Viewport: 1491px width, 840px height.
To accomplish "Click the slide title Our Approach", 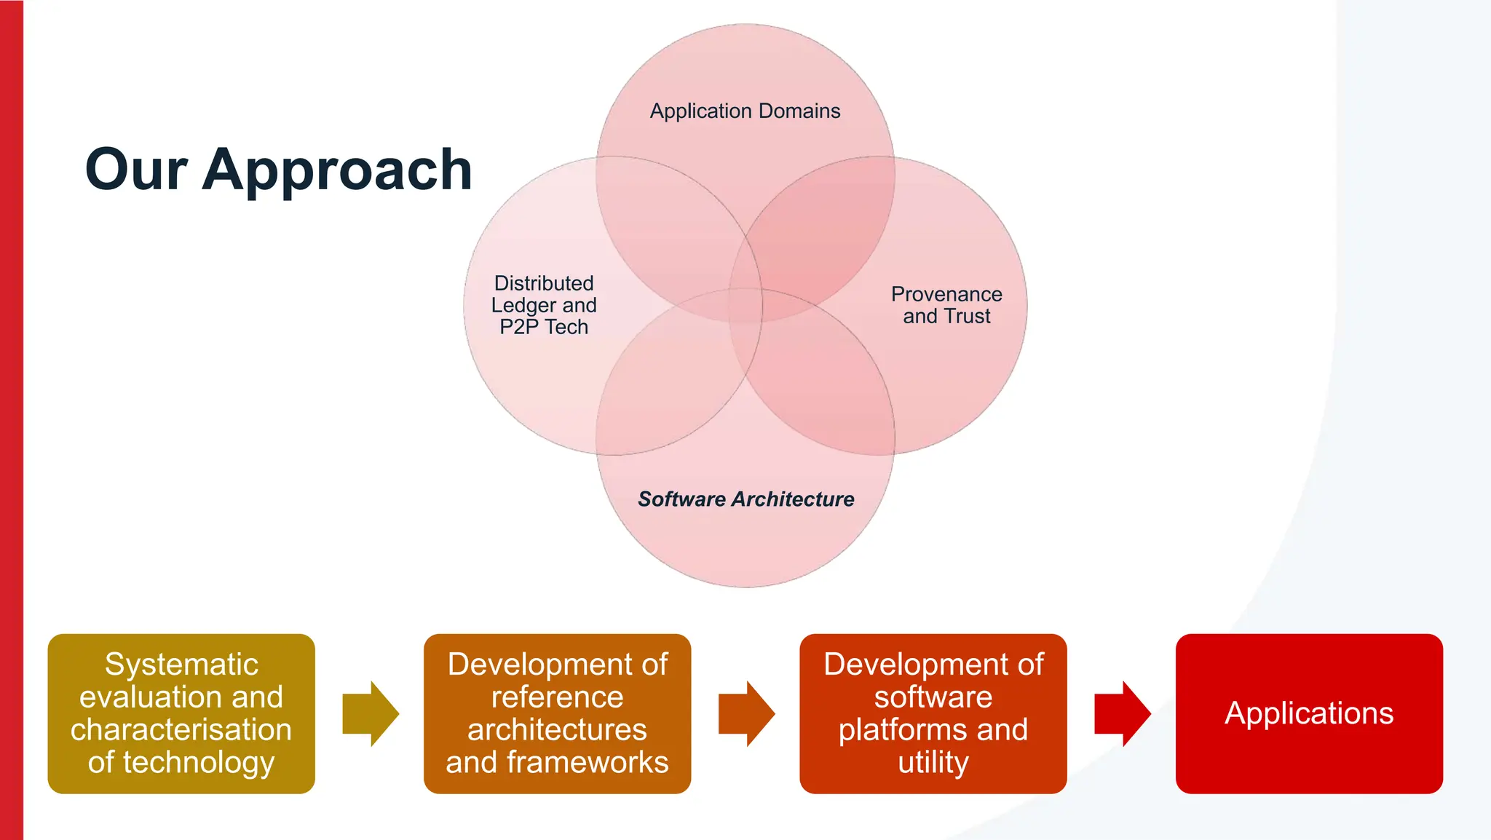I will (278, 170).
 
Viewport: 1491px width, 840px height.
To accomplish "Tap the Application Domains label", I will (745, 111).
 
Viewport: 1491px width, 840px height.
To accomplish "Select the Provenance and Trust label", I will (946, 305).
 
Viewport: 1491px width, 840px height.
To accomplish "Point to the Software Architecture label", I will (745, 499).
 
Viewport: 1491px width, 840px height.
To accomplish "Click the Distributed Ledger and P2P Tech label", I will (544, 305).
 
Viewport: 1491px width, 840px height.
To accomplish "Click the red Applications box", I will (1308, 713).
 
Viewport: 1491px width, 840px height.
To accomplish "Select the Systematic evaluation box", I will (181, 713).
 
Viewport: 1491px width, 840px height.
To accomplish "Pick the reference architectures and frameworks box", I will (557, 713).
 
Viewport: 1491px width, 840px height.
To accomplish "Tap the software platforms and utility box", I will (933, 713).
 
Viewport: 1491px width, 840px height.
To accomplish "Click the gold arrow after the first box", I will (371, 714).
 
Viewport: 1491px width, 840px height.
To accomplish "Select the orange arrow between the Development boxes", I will (746, 714).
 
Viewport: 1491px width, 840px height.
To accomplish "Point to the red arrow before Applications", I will (1122, 714).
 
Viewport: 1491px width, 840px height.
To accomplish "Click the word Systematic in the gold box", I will (181, 665).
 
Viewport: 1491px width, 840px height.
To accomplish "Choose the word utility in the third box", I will (933, 763).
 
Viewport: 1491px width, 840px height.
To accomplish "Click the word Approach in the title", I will (337, 170).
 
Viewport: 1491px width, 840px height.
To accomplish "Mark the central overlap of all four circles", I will (745, 306).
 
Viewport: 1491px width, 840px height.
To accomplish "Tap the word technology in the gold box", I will (199, 763).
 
